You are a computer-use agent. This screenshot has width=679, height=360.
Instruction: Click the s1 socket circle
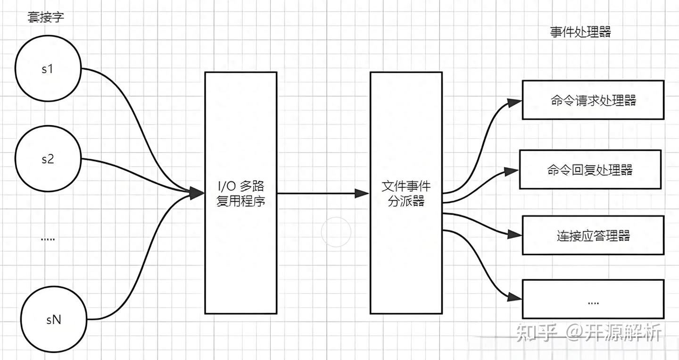48,69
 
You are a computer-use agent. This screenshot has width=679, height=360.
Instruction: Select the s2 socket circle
48,159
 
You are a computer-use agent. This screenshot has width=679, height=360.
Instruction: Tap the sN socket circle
54,319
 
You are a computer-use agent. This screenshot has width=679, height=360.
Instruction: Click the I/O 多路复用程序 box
240,193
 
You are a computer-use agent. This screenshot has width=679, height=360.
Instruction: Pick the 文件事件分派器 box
406,193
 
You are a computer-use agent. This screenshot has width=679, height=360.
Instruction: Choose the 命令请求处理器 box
593,100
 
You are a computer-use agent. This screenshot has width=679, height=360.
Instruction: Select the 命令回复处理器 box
590,169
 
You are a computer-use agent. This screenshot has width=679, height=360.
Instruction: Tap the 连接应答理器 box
593,235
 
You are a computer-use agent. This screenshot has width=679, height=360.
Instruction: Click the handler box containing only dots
593,299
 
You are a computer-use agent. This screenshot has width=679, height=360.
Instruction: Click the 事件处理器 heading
580,32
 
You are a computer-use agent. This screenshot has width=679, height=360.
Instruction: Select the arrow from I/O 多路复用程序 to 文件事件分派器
321,193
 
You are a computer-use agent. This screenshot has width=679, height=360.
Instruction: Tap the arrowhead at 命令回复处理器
512,172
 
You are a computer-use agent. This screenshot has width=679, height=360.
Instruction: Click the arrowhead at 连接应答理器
515,234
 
